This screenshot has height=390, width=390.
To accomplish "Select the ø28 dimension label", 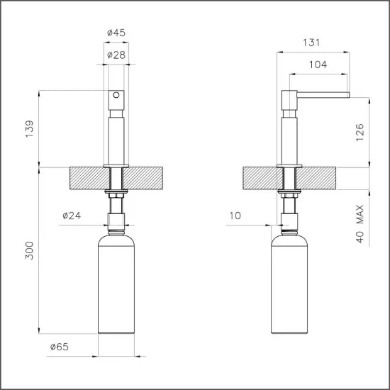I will point(117,55).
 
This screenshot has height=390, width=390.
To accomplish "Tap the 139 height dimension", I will point(29,129).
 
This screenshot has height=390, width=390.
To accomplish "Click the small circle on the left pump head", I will point(117,94).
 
